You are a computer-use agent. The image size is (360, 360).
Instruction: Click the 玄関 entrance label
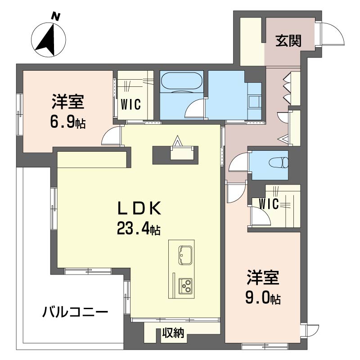coord(288,41)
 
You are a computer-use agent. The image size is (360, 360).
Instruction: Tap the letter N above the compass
coord(55,17)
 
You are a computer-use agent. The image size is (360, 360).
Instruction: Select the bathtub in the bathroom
coord(181,81)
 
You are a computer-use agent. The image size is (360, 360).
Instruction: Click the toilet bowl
coord(278,163)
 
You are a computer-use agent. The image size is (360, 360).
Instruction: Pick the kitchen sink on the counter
coord(185,255)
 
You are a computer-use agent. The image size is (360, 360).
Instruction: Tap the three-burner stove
coord(185,286)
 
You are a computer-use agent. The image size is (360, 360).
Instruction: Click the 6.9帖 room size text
coord(68,123)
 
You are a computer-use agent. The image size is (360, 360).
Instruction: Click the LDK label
coord(139,208)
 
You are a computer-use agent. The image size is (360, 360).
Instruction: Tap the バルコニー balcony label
coord(75,312)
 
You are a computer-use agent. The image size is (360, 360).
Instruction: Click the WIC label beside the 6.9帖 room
coord(130,105)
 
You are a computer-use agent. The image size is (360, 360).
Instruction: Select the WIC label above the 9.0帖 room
coord(269,204)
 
